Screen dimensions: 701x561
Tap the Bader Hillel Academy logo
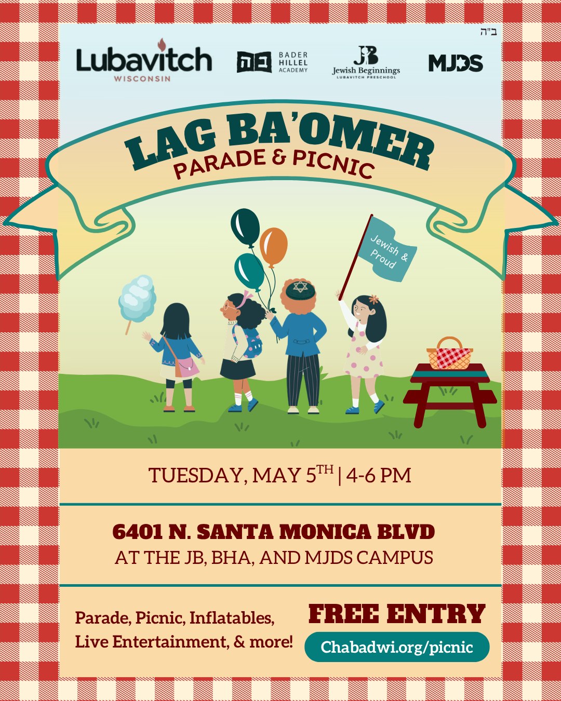point(272,62)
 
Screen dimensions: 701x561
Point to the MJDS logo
point(456,63)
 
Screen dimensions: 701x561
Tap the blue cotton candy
point(137,298)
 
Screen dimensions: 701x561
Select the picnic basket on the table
point(449,355)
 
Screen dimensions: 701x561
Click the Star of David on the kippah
point(300,287)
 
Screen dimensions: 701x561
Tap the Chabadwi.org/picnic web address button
point(397,647)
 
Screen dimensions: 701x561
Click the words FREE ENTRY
point(397,614)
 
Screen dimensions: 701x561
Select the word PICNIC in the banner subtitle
point(332,162)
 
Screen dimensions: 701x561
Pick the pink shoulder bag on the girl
point(187,367)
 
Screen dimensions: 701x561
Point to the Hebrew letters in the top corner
point(488,32)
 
